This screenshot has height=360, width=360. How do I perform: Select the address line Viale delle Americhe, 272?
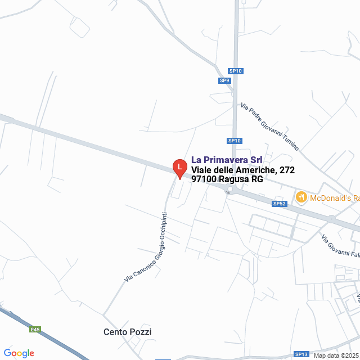coord(242,170)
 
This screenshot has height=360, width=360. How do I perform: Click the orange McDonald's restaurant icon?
coord(301,197)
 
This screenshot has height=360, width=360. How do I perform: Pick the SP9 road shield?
coord(224,80)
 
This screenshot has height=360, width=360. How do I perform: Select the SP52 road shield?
coord(280,204)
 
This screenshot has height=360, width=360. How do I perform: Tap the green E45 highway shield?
coord(36,330)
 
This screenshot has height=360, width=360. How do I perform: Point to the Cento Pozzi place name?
coord(128,332)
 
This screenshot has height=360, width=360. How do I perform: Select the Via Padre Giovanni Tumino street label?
coord(269,126)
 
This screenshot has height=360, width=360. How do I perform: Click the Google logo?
coord(19,353)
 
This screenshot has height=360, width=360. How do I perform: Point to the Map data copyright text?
coord(336,355)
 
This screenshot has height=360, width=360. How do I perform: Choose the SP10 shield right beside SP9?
coord(235,71)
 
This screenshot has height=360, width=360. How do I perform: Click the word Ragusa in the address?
coord(233,179)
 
